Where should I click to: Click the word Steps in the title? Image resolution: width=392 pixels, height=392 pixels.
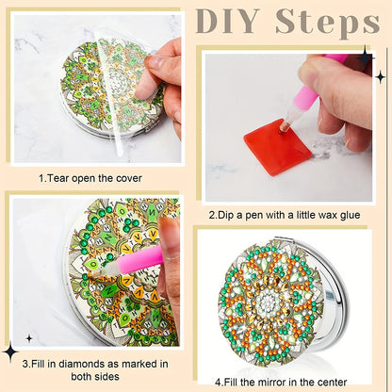[x=327, y=24]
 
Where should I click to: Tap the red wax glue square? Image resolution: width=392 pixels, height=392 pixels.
[x=278, y=146]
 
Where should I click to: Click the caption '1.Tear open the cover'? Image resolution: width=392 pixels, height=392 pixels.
[x=90, y=178]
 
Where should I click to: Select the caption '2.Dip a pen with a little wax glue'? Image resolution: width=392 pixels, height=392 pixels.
[x=285, y=215]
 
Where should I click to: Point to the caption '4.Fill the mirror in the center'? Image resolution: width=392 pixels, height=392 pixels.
[x=281, y=383]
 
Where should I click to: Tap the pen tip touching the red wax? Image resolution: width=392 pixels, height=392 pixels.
[x=282, y=129]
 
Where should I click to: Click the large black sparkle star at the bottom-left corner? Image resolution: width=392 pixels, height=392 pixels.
[x=10, y=351]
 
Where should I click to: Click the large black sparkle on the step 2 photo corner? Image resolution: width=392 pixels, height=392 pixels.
[x=366, y=58]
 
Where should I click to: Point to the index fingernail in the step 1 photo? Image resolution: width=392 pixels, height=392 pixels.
[x=155, y=62]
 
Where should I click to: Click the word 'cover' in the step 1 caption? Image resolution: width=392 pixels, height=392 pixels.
[x=129, y=178]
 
